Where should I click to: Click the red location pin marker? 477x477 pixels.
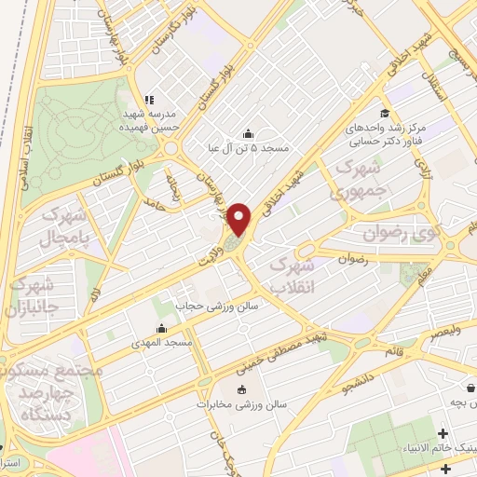tap(240, 221)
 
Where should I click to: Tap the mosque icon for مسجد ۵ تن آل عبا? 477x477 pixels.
tap(247, 132)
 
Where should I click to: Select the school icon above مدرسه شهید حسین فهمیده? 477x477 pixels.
tap(148, 100)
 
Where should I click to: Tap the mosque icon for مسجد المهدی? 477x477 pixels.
tap(162, 328)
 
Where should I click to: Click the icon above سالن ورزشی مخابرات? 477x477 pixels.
tap(244, 389)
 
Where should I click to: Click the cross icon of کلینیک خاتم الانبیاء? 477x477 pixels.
tap(443, 433)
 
